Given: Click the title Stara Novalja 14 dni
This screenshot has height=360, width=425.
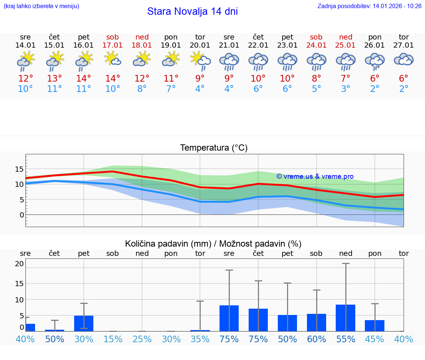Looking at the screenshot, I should point(192,11).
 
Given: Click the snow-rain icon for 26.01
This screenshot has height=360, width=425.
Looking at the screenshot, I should point(375,61).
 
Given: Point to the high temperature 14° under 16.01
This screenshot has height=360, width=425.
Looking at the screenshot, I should point(84,79).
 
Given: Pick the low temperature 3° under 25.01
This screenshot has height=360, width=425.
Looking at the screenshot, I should point(346,89).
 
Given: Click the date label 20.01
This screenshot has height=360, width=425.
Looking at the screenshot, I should point(200,45).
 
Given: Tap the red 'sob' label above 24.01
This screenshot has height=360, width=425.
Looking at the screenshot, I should point(316,37).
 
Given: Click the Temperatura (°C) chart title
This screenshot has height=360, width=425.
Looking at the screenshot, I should point(214,148).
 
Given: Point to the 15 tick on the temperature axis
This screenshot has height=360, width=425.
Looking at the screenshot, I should point(19,169).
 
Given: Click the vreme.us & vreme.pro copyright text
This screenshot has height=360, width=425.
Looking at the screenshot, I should point(315,176).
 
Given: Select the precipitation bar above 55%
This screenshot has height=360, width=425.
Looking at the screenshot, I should point(346,318).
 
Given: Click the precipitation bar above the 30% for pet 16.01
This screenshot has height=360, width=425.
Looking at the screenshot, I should point(84,323).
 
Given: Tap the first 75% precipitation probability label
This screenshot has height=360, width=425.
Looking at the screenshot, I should point(229,339).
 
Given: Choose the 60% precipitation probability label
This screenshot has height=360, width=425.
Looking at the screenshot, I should point(317,339).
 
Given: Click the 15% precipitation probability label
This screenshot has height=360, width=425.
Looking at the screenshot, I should point(113,339).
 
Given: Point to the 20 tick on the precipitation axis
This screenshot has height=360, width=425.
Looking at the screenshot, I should point(19,264).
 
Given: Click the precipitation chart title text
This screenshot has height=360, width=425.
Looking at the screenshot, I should point(213,244).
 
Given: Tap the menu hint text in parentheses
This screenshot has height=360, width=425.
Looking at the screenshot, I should point(41,6).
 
